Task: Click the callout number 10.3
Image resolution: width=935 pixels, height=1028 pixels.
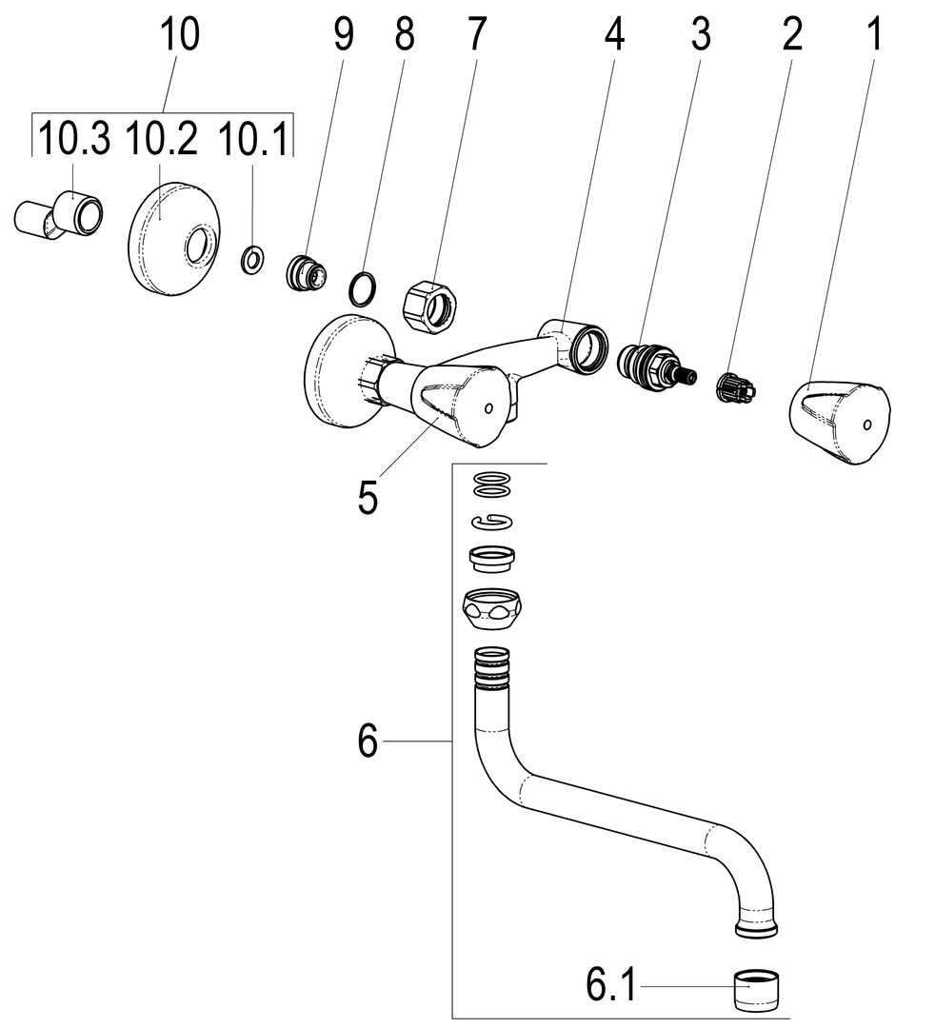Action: (72, 140)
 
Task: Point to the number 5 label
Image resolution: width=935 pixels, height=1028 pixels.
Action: (368, 496)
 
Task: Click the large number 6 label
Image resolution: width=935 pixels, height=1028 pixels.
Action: (368, 741)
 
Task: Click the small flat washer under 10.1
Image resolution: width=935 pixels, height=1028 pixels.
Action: (252, 258)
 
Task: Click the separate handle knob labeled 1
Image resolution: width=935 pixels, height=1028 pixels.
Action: (840, 421)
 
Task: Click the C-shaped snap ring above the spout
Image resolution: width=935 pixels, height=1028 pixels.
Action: (492, 521)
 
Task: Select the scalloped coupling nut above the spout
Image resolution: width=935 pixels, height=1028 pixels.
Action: (492, 610)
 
